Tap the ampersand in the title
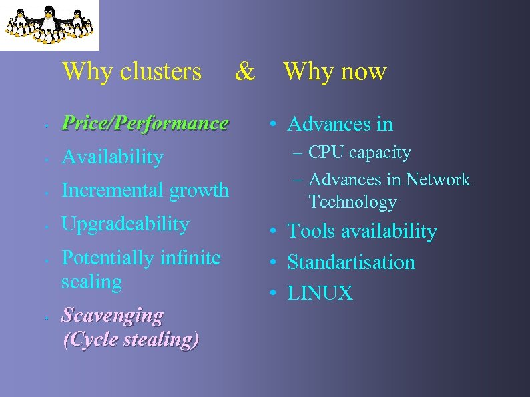tap(245, 71)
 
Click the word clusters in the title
tap(160, 71)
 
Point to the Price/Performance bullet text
tap(145, 123)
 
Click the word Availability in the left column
tap(112, 157)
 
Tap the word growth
tap(199, 191)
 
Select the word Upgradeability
tap(125, 224)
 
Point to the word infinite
tap(194, 257)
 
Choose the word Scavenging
tap(112, 315)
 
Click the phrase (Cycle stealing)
tap(131, 339)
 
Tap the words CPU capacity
tap(360, 153)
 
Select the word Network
tap(439, 179)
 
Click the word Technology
tap(352, 202)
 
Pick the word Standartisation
tap(351, 262)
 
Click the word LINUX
tap(320, 293)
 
